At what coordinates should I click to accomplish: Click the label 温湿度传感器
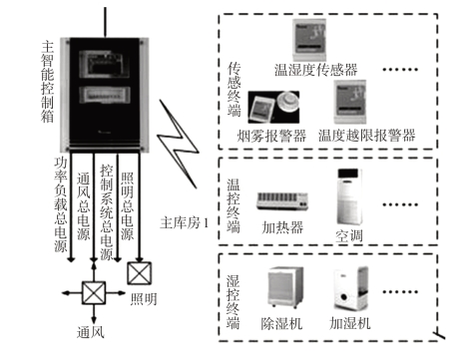tap(315, 70)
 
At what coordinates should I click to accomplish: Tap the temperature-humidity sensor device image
tap(309, 40)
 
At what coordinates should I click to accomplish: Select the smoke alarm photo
tap(273, 107)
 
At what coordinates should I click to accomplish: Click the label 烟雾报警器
tap(271, 136)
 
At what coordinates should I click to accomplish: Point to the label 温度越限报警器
tap(367, 136)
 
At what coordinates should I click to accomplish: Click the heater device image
tap(282, 201)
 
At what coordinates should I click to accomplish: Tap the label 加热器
tap(282, 227)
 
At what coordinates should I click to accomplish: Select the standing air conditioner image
tap(349, 196)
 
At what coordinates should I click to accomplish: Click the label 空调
tap(348, 236)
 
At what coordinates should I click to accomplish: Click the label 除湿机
tap(281, 323)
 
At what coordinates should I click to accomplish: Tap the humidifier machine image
tap(351, 288)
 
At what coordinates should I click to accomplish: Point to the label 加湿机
tap(350, 323)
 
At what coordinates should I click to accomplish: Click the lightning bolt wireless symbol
tap(178, 144)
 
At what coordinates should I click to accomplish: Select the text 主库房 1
tap(184, 222)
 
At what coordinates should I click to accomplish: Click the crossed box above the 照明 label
tap(140, 273)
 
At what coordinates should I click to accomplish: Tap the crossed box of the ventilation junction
tap(94, 293)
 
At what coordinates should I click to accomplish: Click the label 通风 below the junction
tap(91, 332)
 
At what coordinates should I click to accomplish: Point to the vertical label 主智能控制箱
tap(48, 82)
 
